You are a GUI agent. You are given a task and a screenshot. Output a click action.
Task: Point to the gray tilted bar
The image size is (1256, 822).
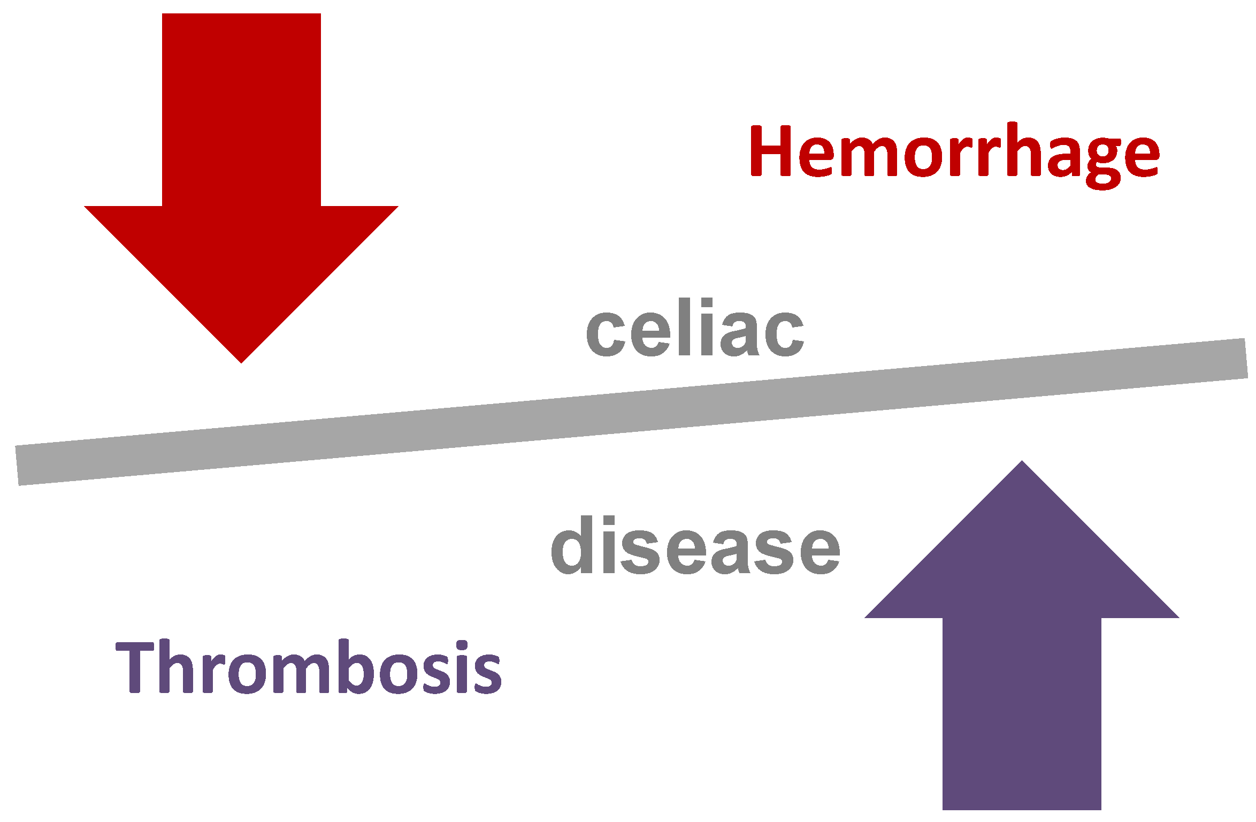click(631, 412)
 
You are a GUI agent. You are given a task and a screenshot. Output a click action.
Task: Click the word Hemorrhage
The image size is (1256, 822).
click(955, 153)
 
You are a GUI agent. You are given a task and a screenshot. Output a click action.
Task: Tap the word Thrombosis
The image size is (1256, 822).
click(309, 666)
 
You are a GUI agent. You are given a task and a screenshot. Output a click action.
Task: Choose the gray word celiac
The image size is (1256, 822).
click(695, 329)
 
